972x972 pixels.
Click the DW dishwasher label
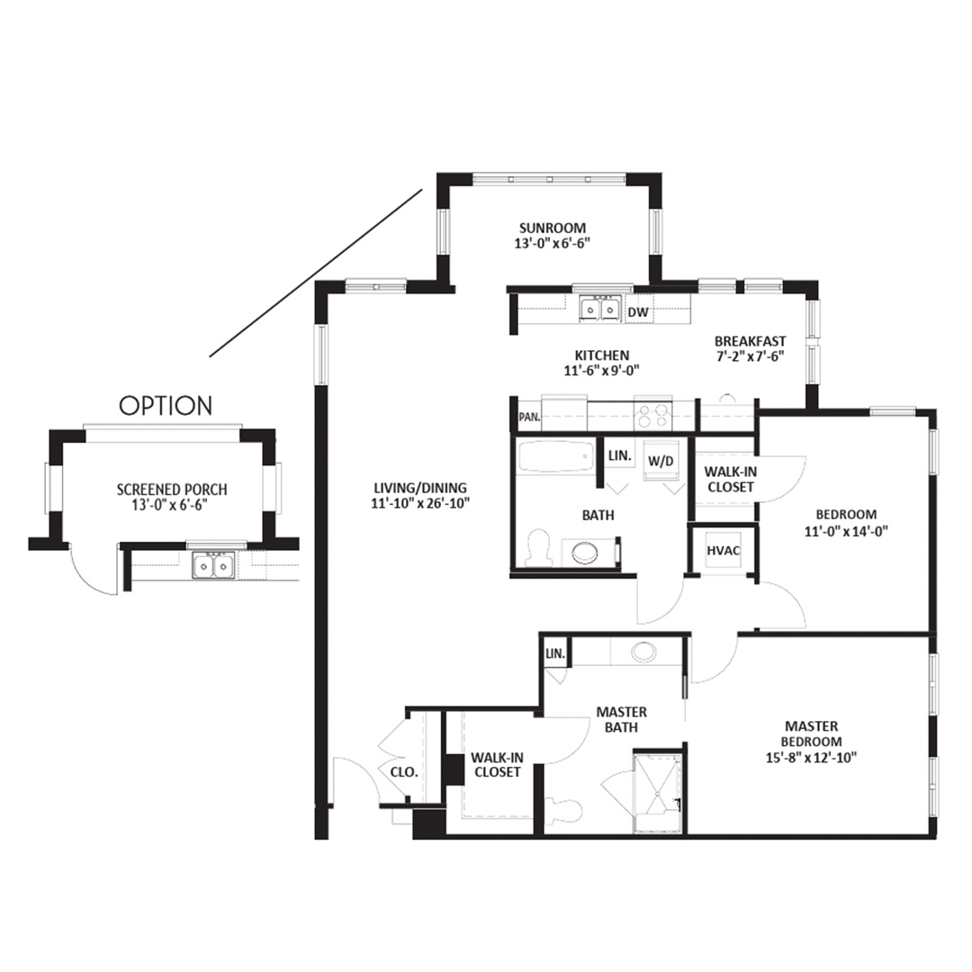tap(638, 312)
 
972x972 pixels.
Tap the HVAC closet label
tap(724, 551)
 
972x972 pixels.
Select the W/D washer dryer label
tap(661, 461)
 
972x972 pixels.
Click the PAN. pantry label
tap(529, 418)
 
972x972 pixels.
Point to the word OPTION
tap(166, 406)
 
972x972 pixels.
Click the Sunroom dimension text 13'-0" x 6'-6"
tap(552, 243)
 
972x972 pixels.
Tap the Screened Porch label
tap(172, 490)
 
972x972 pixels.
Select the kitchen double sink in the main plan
tap(599, 309)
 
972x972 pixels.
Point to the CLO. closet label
tap(404, 772)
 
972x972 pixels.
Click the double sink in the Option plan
tap(213, 565)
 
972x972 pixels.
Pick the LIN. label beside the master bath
tap(555, 653)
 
